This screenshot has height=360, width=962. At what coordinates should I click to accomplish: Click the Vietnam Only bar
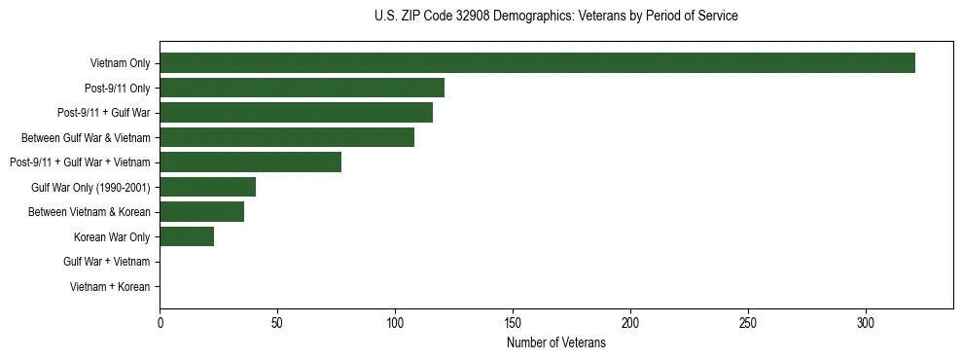point(537,63)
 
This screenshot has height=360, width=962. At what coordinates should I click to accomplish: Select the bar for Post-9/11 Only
point(302,88)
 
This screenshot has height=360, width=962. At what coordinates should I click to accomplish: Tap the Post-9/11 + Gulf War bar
point(296,113)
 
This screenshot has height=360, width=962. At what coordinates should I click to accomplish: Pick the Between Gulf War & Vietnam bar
point(287,137)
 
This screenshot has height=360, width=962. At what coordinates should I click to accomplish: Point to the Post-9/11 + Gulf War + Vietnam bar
point(250,162)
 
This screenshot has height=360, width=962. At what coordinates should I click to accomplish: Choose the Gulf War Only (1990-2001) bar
point(207,187)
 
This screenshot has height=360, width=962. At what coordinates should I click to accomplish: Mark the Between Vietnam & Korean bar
point(201,212)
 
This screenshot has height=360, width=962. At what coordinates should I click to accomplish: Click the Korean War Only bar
point(187,236)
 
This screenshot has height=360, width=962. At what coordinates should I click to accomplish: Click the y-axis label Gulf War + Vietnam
point(107,262)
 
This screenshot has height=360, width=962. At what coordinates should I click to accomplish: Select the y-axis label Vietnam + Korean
point(110,287)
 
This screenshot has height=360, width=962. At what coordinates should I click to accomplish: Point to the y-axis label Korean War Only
point(112,236)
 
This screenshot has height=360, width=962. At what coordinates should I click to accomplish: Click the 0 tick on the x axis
point(160,322)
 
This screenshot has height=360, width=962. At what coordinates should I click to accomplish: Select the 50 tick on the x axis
point(277,322)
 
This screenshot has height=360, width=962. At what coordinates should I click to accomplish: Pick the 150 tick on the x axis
point(513,322)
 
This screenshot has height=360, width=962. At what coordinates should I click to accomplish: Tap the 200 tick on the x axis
point(630,322)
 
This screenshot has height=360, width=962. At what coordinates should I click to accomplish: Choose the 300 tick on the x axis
point(866,322)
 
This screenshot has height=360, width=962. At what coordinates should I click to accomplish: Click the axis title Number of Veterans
point(555,342)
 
